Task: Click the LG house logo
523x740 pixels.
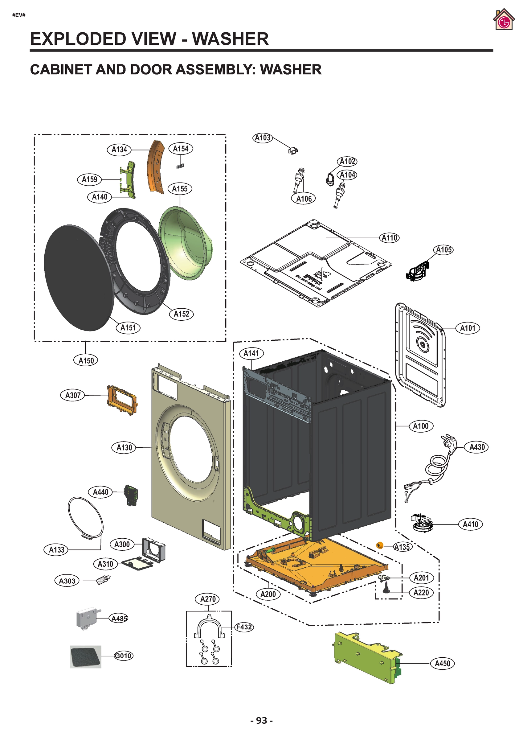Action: click(503, 20)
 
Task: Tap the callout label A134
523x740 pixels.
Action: click(119, 150)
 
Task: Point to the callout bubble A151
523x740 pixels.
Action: click(128, 328)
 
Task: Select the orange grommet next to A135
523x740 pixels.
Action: click(380, 545)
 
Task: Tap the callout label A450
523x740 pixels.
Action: click(443, 664)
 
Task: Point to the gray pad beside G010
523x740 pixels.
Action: click(85, 656)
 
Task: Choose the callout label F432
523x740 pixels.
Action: click(244, 627)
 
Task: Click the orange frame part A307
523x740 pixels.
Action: click(122, 400)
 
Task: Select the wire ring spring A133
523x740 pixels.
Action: click(85, 519)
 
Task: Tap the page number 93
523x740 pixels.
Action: click(262, 720)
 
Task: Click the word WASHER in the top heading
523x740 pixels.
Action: click(230, 39)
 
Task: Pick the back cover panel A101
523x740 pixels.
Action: click(420, 355)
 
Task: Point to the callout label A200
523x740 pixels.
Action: click(268, 594)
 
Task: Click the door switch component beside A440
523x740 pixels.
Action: click(131, 495)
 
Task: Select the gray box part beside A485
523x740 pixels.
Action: click(86, 618)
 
